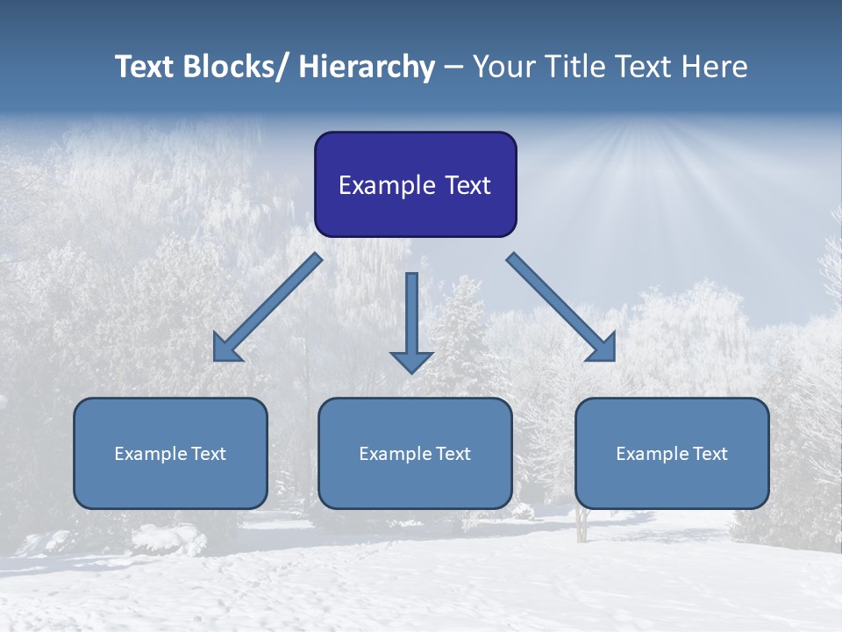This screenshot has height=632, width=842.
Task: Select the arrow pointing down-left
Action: click(x=268, y=307)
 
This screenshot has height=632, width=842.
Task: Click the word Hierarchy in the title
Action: click(x=367, y=67)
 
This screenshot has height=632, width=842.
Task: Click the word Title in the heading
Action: click(x=579, y=67)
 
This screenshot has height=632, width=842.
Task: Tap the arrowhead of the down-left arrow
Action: click(x=225, y=350)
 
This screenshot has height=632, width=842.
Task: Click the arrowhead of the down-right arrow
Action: click(x=603, y=349)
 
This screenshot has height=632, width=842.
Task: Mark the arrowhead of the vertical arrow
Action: click(x=411, y=361)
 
